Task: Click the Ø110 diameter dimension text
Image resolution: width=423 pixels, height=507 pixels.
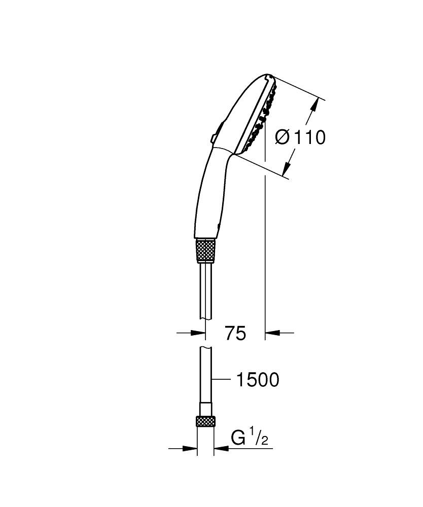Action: tap(300, 137)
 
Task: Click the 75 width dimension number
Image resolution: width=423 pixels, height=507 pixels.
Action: tap(235, 333)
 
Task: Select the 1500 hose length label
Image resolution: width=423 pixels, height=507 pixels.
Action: tap(258, 380)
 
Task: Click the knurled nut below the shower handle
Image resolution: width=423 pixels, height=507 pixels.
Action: tap(206, 250)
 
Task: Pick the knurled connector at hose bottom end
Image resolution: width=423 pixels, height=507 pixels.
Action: tap(205, 421)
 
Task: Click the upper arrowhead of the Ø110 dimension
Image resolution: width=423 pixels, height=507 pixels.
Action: tap(315, 106)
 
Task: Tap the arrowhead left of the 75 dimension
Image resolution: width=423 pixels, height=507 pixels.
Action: tap(199, 333)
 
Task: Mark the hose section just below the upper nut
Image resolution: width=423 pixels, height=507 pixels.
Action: tap(205, 289)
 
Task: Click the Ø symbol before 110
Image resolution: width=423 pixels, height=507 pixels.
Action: tap(283, 137)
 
